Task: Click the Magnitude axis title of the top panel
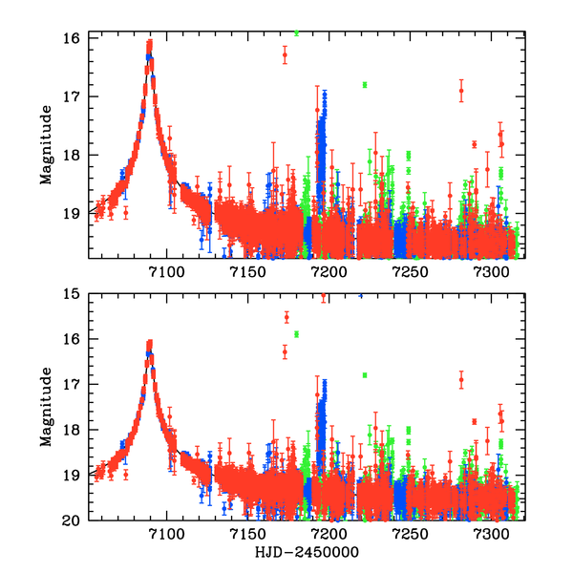point(46,146)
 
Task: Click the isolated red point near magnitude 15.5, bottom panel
point(286,316)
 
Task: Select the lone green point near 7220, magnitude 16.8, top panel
point(364,85)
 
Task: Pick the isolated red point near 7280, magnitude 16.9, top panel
point(461,92)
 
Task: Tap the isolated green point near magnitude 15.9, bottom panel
point(297,333)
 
